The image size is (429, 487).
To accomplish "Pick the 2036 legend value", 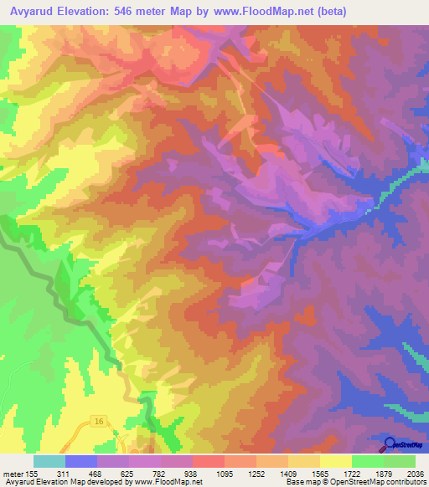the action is click(x=415, y=473).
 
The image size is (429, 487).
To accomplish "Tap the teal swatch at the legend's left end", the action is click(x=49, y=461).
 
